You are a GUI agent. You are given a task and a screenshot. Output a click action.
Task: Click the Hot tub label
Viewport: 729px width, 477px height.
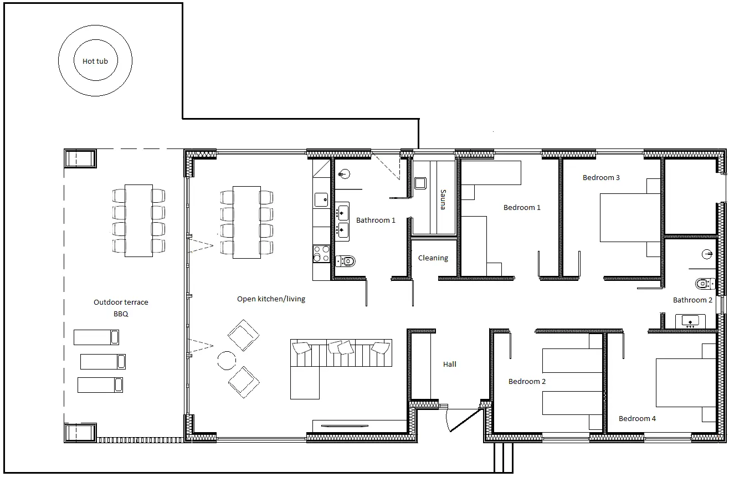point(95,61)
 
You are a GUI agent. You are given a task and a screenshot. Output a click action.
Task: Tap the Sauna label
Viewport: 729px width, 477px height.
point(443,199)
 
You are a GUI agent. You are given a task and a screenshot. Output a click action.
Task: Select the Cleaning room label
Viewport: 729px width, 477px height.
point(433,258)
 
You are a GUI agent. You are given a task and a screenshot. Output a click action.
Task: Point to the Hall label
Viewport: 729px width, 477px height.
point(449,364)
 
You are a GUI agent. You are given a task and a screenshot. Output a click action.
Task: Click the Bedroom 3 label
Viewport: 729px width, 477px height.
point(601,178)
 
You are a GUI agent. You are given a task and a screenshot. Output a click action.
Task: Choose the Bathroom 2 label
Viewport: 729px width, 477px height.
point(692,300)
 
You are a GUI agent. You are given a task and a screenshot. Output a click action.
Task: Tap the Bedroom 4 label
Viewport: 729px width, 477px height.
point(637,418)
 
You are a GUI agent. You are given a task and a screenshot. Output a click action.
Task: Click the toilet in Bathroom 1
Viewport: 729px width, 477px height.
point(346,261)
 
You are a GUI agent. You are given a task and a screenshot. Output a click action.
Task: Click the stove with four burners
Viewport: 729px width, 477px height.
point(321,254)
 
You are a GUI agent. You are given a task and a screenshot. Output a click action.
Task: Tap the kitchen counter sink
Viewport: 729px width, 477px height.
point(321,200)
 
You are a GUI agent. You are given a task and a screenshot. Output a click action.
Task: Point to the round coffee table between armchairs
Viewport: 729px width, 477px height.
point(227,361)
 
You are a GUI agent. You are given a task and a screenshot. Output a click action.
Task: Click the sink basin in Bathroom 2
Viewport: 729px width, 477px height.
point(690,321)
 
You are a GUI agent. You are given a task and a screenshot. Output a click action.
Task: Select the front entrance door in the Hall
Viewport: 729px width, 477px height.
point(466,420)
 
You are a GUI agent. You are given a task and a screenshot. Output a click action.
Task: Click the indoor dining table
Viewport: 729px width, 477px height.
point(247,223)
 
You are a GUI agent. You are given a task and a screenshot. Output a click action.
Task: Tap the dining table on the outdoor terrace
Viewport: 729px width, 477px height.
point(138,220)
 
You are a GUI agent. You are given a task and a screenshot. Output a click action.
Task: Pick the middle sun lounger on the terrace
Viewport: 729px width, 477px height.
point(103,362)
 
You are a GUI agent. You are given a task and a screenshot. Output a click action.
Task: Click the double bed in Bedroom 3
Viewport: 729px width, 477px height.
point(630,218)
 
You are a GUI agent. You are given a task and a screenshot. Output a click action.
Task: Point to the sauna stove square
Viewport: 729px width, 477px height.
point(420,183)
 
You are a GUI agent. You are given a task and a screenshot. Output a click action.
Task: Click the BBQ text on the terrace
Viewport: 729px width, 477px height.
point(121,314)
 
